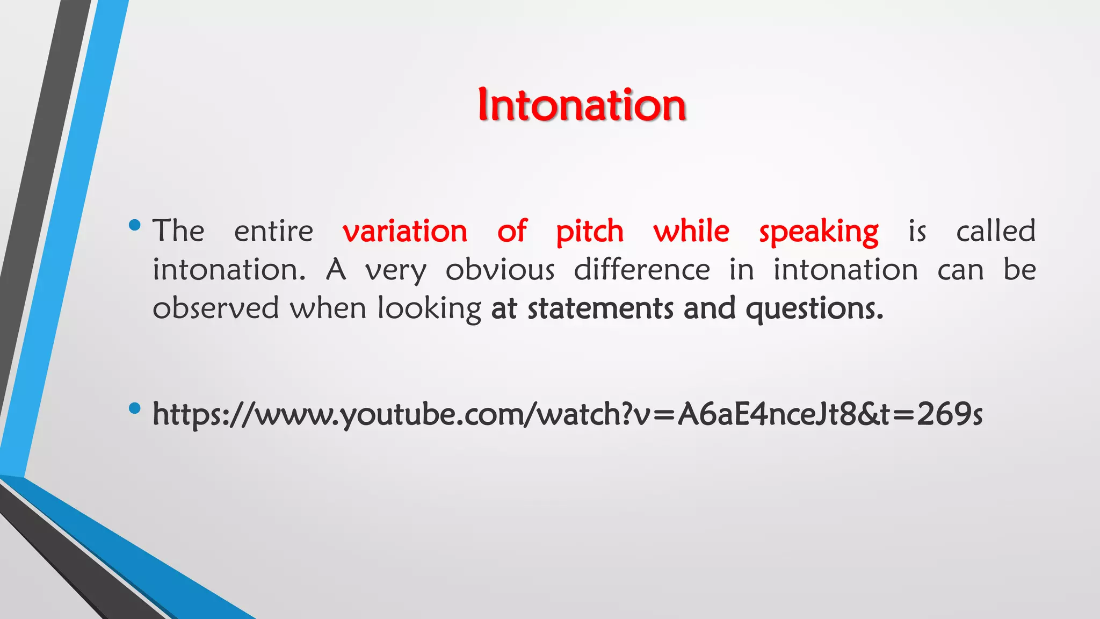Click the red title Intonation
pos(582,105)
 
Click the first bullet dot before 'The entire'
pos(135,225)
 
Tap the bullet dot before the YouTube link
pos(135,409)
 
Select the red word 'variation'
pos(405,232)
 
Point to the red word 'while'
pos(691,232)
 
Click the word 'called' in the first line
pos(995,231)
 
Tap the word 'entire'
pos(273,232)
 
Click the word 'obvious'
pos(500,270)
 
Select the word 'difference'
pos(642,269)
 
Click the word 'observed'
pos(215,308)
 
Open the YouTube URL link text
pos(567,414)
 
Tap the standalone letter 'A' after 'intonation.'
pos(336,269)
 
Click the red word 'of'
pos(511,232)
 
